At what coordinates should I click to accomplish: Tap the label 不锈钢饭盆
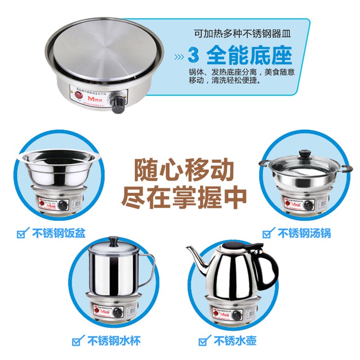pos(58,233)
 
